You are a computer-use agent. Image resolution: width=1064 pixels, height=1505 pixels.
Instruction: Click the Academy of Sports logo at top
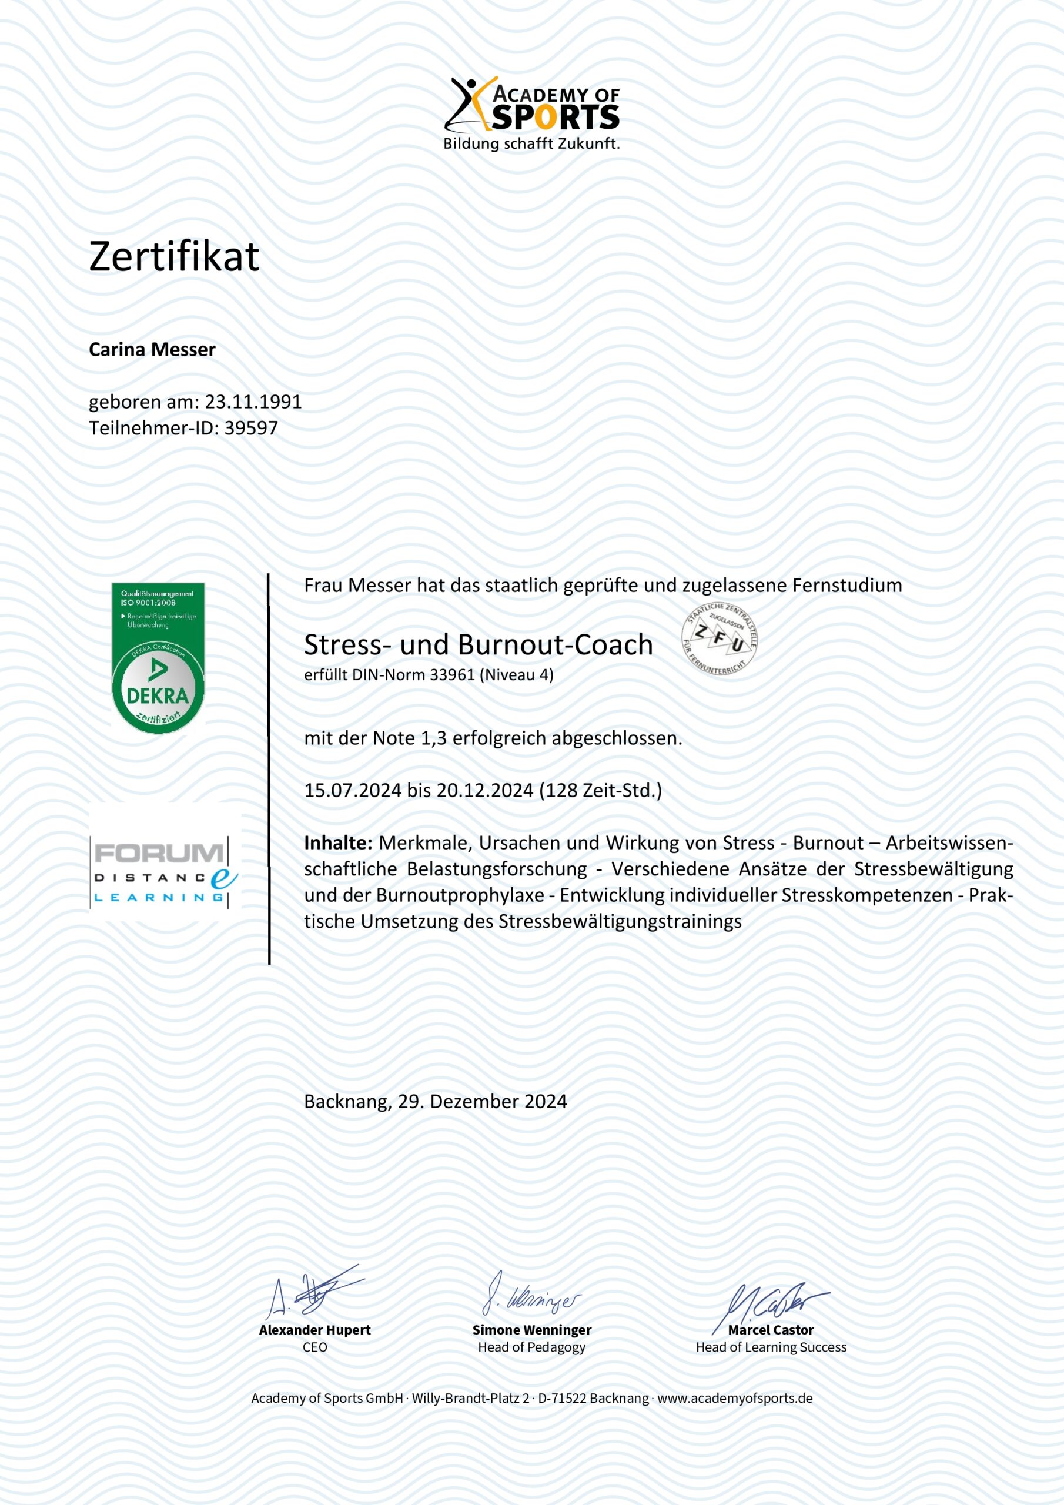531,113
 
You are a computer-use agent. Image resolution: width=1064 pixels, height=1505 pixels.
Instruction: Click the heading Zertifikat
174,256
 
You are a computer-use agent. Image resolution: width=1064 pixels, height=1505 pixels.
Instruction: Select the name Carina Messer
152,350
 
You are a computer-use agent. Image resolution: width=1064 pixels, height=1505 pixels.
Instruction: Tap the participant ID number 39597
251,428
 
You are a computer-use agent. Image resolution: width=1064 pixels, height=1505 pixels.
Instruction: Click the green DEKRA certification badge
158,657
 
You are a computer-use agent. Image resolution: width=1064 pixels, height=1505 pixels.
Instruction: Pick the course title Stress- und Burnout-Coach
478,645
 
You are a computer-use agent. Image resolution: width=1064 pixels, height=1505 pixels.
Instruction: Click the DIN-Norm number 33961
451,675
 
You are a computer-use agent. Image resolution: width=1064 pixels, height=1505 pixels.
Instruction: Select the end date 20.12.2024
484,791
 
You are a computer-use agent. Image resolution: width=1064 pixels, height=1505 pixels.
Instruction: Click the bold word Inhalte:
338,843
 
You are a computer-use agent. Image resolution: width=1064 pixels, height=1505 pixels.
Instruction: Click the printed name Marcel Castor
770,1330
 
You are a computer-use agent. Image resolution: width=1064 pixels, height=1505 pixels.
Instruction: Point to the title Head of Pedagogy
531,1347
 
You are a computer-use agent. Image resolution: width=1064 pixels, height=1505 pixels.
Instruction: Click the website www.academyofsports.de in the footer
734,1398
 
